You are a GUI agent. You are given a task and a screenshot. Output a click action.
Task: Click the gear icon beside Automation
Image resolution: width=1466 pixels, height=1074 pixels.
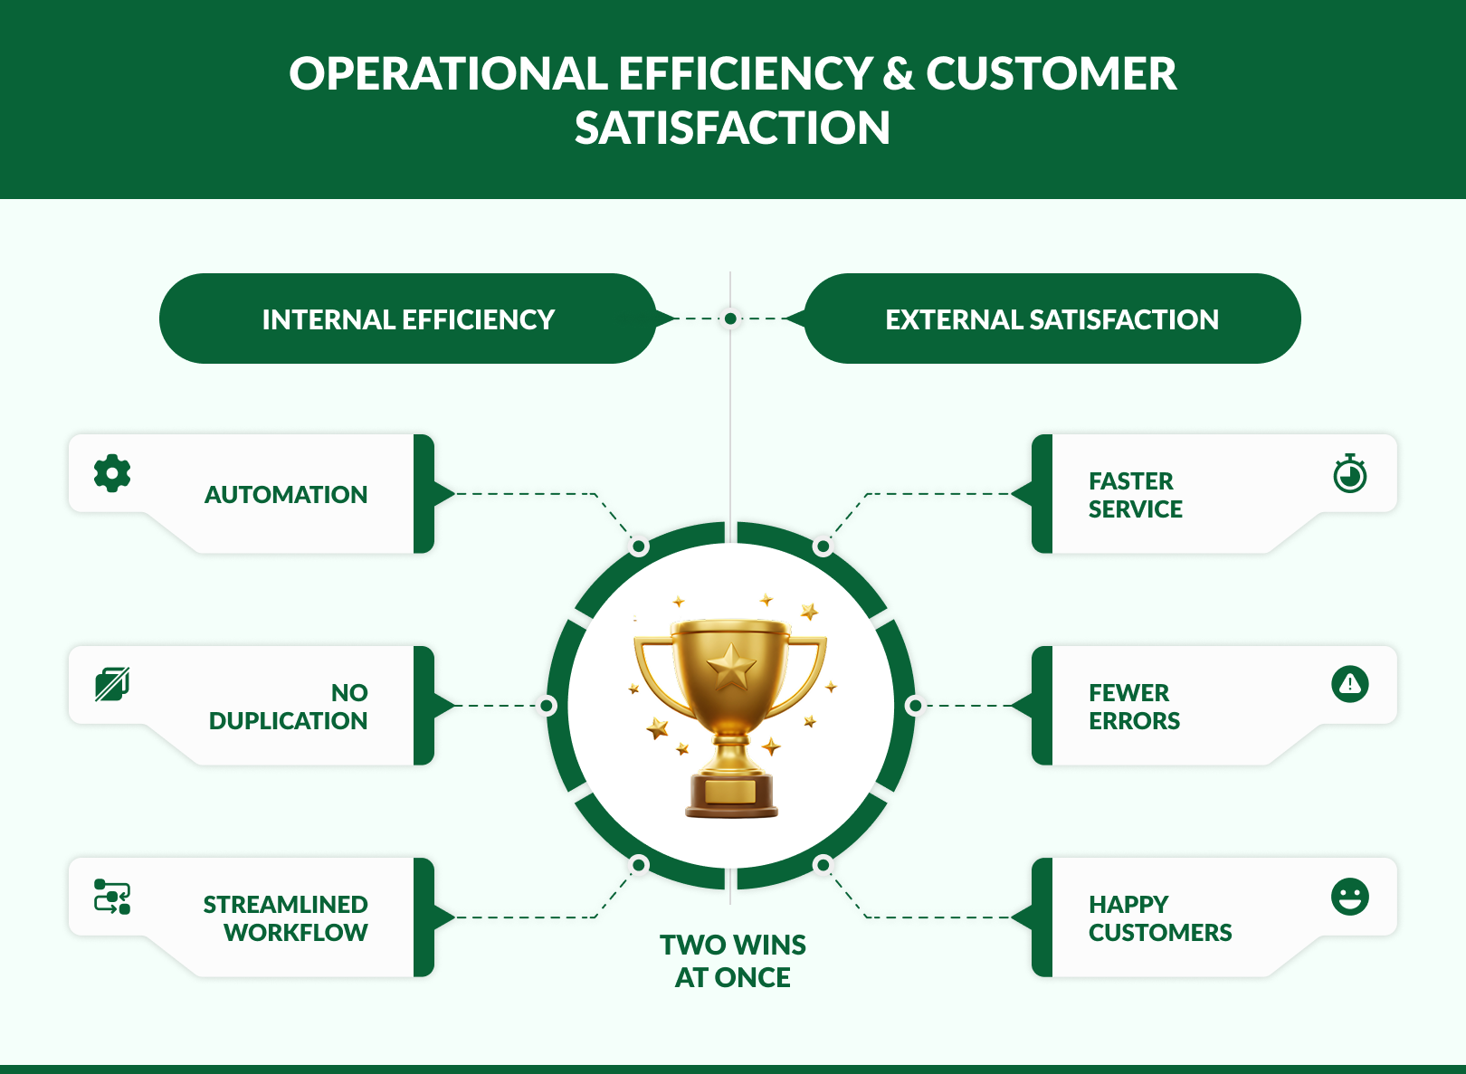[x=112, y=473]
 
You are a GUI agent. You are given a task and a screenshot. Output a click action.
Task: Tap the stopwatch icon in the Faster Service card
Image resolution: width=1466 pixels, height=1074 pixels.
[x=1349, y=474]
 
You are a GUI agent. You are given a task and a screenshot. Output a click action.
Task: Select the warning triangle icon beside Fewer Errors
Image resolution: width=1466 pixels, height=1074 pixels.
[x=1349, y=683]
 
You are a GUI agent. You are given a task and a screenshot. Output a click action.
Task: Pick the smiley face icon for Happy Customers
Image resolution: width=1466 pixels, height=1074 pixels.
[x=1349, y=897]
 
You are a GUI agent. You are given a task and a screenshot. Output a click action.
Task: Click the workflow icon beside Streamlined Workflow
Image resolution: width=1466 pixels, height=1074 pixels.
[x=112, y=897]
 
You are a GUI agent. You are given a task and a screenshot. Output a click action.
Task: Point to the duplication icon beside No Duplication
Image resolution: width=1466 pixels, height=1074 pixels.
[x=112, y=684]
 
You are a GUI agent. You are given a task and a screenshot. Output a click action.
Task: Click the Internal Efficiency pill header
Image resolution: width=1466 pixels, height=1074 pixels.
[x=407, y=318]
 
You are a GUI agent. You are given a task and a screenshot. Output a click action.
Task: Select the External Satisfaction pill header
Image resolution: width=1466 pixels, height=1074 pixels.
[x=1052, y=318]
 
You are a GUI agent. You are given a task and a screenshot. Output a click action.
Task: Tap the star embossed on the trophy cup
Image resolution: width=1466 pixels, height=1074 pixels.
[x=731, y=669]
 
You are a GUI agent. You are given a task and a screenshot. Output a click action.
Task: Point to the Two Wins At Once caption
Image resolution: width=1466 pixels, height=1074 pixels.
[x=732, y=961]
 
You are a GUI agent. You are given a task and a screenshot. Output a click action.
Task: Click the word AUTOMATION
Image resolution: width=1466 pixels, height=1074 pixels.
[x=286, y=495]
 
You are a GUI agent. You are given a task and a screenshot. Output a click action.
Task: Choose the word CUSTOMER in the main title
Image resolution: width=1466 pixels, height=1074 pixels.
[x=1051, y=74]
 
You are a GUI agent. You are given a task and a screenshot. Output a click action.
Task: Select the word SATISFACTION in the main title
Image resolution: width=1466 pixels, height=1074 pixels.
[x=732, y=128]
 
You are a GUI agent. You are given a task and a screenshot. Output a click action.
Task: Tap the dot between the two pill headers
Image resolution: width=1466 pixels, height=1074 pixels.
[x=730, y=318]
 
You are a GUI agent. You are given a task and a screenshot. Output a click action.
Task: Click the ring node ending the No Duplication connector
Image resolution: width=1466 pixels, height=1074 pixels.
[x=547, y=706]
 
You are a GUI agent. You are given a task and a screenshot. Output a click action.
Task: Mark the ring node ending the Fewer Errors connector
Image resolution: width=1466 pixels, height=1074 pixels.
[x=915, y=706]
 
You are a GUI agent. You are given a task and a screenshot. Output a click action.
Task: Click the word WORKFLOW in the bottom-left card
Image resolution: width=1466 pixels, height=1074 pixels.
[x=296, y=933]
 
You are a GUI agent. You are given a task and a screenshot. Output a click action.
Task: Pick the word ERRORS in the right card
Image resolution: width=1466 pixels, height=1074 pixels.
[x=1134, y=721]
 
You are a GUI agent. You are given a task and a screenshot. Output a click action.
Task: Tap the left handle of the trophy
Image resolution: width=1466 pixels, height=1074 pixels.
[x=653, y=674]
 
